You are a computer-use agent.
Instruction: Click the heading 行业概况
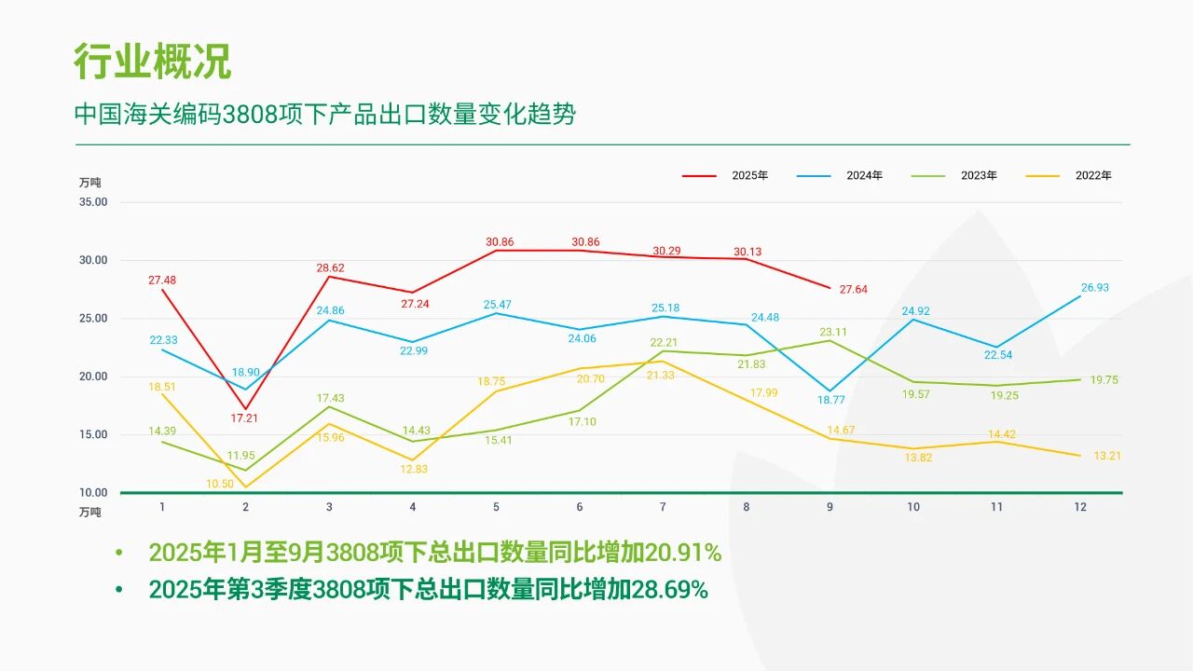tap(153, 62)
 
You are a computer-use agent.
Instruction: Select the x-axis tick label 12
tap(1080, 507)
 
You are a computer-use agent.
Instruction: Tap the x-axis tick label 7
tap(663, 507)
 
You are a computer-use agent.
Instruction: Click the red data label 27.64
tap(853, 290)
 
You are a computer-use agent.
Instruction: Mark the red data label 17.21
tap(245, 418)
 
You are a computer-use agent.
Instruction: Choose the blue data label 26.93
tap(1095, 288)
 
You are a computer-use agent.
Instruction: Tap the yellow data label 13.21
tap(1106, 457)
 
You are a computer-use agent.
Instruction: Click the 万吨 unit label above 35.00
tap(89, 183)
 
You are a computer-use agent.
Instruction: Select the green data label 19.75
tap(1104, 380)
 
